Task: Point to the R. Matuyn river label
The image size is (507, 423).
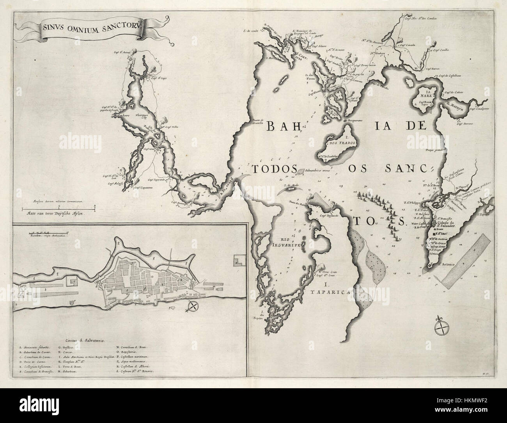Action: click(458, 105)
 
